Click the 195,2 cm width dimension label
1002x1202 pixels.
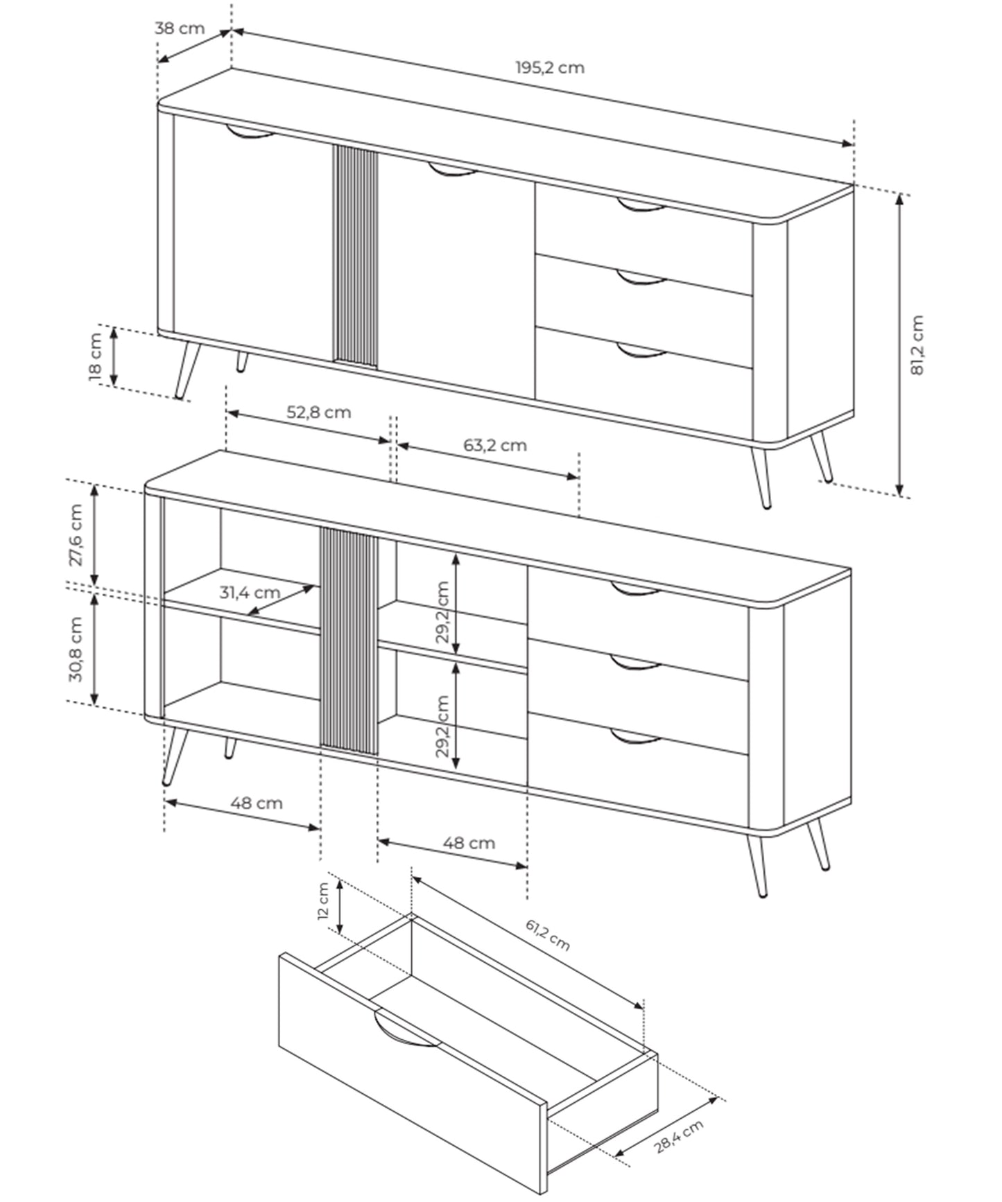[x=549, y=68]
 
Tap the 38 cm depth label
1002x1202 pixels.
[x=180, y=28]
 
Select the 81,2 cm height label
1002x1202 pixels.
[x=917, y=345]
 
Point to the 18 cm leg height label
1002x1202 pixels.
[x=96, y=357]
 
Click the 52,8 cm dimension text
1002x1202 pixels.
[x=319, y=412]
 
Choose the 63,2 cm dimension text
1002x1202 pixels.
[x=495, y=445]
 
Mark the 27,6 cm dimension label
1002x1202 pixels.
[x=76, y=534]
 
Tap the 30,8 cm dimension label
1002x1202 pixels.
[x=76, y=649]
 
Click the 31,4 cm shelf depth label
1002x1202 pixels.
[x=250, y=593]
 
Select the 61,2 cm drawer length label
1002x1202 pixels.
[x=547, y=935]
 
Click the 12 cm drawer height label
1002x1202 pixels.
[x=322, y=901]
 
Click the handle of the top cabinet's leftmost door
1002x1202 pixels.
[x=250, y=133]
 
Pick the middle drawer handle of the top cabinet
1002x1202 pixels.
[x=641, y=279]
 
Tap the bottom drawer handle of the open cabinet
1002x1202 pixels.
[x=635, y=737]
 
